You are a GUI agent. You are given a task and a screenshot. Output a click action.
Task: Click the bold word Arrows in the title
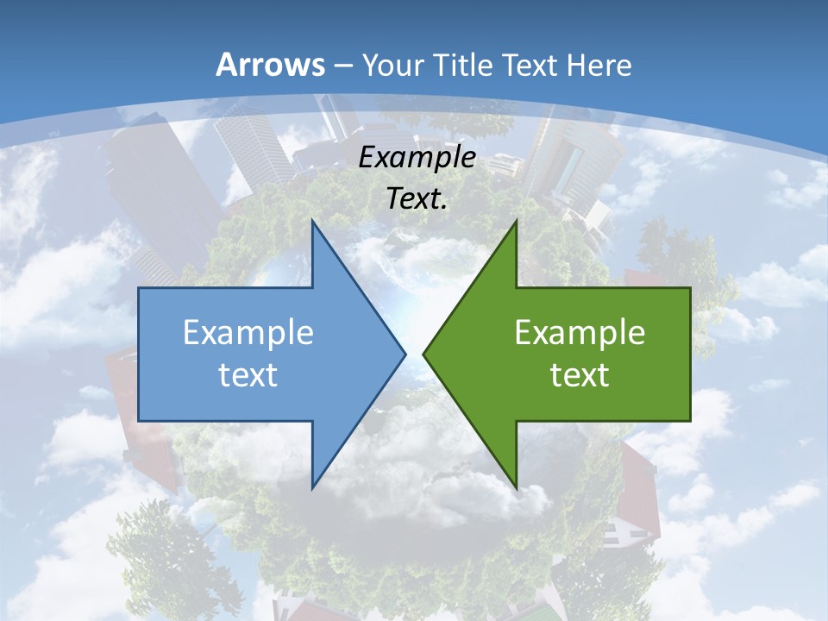coord(271,65)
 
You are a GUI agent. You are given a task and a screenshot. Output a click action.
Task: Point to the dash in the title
coord(342,66)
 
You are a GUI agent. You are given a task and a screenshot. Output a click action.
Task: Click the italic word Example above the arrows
coord(417,157)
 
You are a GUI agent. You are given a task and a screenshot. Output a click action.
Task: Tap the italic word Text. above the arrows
coord(417,198)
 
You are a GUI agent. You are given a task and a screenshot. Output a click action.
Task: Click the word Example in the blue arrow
coord(248,332)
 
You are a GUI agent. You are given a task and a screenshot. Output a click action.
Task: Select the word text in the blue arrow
coord(248,374)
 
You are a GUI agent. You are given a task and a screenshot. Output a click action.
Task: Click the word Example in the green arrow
coord(580,332)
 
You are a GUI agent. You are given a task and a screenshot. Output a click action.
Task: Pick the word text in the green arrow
coord(580,374)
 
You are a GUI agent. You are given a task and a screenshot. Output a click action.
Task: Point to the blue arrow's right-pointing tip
coord(405,354)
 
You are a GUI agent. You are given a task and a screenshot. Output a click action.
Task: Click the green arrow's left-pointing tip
coord(423,354)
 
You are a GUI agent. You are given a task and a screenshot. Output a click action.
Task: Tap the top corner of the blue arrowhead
coord(313,222)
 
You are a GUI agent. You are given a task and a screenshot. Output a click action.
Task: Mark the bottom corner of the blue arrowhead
coord(313,487)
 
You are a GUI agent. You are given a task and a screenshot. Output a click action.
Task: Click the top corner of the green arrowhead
coord(516,222)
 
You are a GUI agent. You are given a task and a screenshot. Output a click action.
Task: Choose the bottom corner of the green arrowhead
coord(516,487)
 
